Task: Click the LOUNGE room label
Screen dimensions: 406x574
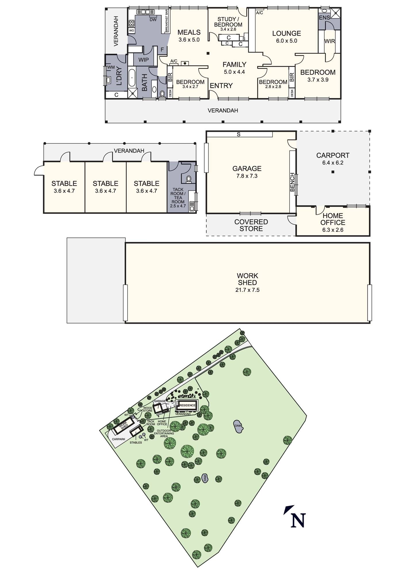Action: point(286,33)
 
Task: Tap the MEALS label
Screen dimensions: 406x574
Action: point(189,32)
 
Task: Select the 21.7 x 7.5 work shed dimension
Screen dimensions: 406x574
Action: point(247,290)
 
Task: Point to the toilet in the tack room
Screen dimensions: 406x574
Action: point(189,179)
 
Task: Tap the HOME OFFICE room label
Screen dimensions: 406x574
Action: point(333,219)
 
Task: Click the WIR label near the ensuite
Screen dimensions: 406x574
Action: point(330,41)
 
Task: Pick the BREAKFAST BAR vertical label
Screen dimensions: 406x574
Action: point(166,21)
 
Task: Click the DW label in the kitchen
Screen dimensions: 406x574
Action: point(153,20)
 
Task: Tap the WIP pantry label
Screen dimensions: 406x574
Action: point(144,60)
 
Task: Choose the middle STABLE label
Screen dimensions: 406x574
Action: point(105,183)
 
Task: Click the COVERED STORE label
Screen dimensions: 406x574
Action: point(251,225)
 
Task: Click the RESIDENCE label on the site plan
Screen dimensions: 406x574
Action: point(188,405)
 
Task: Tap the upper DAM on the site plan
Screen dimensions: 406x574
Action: point(238,426)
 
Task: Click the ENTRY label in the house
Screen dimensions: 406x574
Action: point(221,86)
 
